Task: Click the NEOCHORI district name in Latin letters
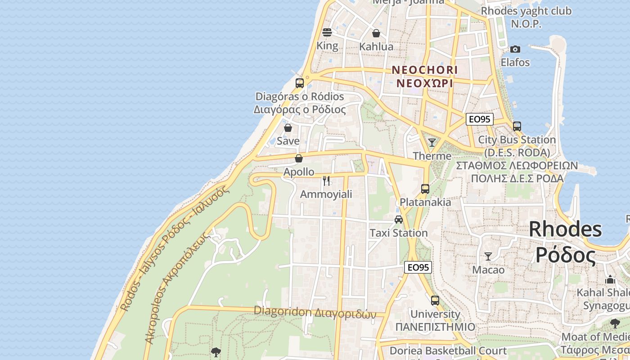pos(425,70)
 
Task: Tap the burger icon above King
pos(327,32)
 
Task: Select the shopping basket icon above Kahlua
pos(376,33)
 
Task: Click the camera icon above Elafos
pos(515,49)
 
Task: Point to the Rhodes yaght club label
pos(526,11)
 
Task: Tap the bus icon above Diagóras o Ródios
pos(300,83)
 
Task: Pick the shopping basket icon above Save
pos(288,128)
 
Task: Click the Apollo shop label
pos(299,171)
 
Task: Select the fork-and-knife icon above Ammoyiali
pos(326,181)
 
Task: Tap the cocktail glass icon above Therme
pos(432,143)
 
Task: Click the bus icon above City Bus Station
pos(517,126)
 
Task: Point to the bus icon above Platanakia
pos(425,189)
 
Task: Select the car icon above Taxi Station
pos(399,220)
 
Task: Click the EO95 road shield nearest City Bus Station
pos(479,119)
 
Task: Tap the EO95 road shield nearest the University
pos(418,267)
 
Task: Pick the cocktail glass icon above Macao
pos(488,256)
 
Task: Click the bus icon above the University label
pos(435,301)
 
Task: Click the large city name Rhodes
pos(565,229)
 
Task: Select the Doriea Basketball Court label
pos(448,351)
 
